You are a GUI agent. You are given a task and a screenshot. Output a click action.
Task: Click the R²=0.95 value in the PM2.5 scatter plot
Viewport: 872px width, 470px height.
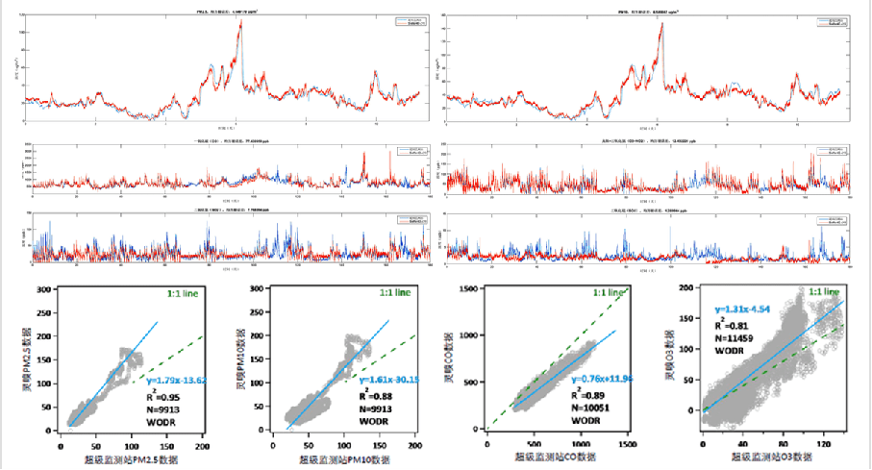click(163, 393)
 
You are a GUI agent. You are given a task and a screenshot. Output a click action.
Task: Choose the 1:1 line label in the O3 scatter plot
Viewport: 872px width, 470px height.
click(827, 290)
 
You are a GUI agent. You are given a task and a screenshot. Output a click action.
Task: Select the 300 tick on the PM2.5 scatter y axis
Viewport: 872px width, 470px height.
click(43, 289)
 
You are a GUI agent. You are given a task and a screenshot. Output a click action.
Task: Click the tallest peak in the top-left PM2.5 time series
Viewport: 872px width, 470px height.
click(240, 22)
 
